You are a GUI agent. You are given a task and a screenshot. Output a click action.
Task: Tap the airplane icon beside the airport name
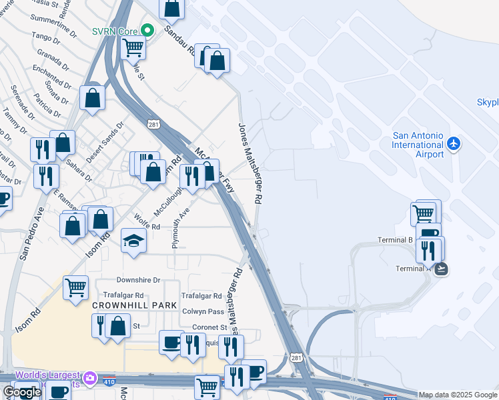[454, 143]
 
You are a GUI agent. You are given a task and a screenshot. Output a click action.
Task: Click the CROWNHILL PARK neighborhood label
[135, 305]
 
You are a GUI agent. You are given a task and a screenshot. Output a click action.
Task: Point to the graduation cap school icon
[133, 241]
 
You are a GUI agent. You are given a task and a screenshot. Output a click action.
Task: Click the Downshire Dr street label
[138, 280]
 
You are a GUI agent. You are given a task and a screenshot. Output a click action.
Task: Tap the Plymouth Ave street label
[177, 227]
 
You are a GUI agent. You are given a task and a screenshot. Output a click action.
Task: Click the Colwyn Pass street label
[203, 311]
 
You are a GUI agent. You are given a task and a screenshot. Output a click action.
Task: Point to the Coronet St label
[209, 327]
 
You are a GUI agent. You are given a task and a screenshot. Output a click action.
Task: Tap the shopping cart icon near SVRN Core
[133, 47]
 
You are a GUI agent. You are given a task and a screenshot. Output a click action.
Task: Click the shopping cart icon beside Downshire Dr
[75, 287]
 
